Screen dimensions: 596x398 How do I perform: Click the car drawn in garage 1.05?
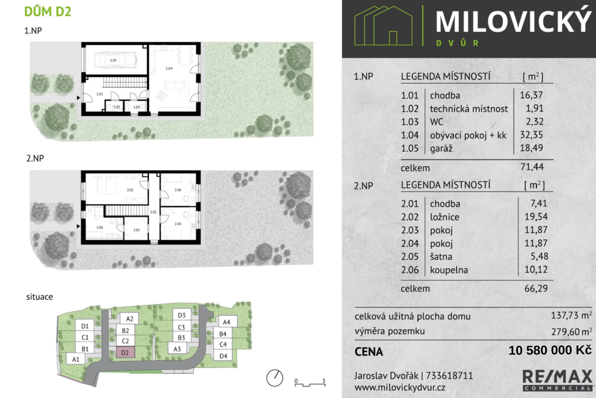click(x=115, y=60)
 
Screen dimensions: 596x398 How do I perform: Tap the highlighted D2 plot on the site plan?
click(x=125, y=353)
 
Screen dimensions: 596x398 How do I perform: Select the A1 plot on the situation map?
click(x=76, y=359)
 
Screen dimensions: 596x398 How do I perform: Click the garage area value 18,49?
click(x=531, y=148)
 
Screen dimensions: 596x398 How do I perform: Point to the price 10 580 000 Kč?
click(x=550, y=350)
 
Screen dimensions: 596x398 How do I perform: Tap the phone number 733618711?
click(x=449, y=376)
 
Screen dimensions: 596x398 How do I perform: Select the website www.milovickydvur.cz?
click(x=400, y=388)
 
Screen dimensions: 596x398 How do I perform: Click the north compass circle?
click(x=275, y=378)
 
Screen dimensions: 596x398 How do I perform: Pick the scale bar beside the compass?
click(x=310, y=383)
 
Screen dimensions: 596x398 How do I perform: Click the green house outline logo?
click(x=384, y=26)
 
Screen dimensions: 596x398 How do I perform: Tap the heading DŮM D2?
click(x=48, y=12)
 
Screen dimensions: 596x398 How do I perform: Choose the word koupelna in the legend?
click(x=449, y=270)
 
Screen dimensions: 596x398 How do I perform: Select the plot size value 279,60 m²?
click(x=571, y=332)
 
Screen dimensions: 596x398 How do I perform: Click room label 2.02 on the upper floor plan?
click(x=130, y=190)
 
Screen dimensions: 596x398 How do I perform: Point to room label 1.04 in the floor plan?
click(x=169, y=68)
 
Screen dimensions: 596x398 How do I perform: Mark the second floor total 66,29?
click(x=536, y=289)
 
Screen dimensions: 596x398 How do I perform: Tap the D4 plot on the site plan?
click(x=223, y=356)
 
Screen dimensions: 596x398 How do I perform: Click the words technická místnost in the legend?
click(x=469, y=109)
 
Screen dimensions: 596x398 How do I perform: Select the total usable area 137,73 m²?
click(x=571, y=315)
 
